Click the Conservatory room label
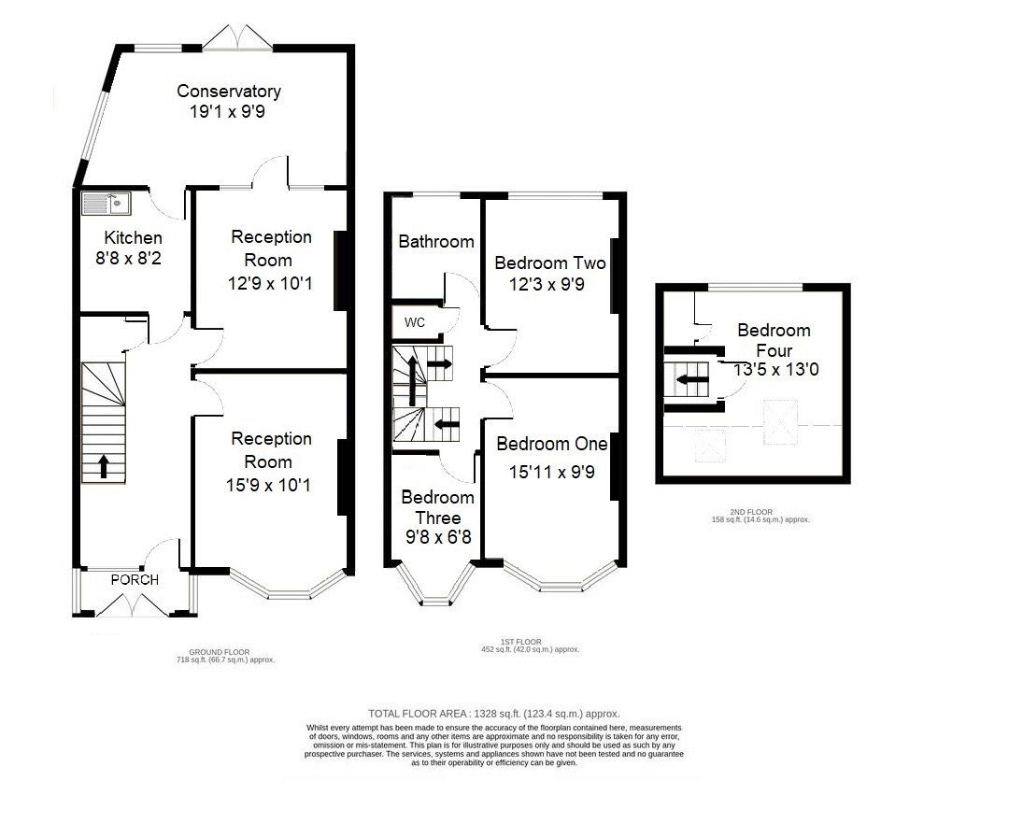point(229,92)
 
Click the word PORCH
point(135,579)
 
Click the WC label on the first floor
point(415,322)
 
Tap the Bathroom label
point(435,241)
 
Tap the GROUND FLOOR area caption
point(226,657)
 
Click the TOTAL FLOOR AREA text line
point(494,713)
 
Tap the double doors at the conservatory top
point(239,37)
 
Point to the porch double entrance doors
point(134,605)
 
